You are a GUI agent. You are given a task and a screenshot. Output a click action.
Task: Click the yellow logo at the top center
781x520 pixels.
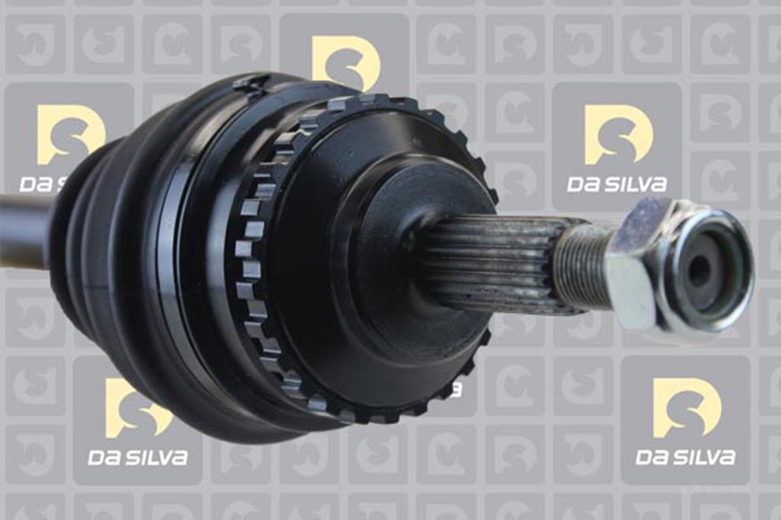[x=346, y=59]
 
